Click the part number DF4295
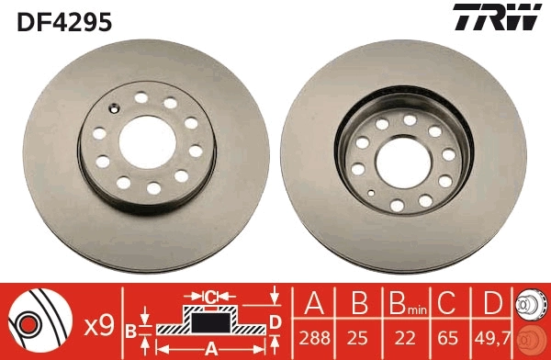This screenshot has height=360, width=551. pyautogui.click(x=64, y=21)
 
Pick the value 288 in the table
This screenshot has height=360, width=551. pyautogui.click(x=313, y=338)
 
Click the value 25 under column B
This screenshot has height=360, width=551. pyautogui.click(x=358, y=338)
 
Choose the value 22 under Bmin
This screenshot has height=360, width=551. pyautogui.click(x=401, y=338)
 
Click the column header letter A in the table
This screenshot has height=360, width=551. pyautogui.click(x=313, y=304)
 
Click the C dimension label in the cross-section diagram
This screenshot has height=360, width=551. pyautogui.click(x=210, y=296)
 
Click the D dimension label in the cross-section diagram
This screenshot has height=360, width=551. pyautogui.click(x=275, y=321)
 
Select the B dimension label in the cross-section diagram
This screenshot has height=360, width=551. pyautogui.click(x=130, y=330)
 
